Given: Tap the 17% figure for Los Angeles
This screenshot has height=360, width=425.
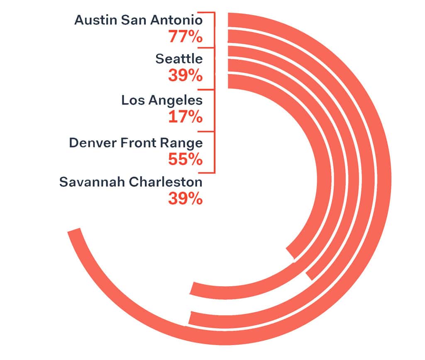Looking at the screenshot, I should coord(186,117).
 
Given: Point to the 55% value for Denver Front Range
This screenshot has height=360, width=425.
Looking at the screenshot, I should coord(186,159).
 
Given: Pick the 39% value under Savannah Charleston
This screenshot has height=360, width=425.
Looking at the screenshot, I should coord(186,198).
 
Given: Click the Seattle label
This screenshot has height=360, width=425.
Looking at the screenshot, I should coord(179,59).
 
